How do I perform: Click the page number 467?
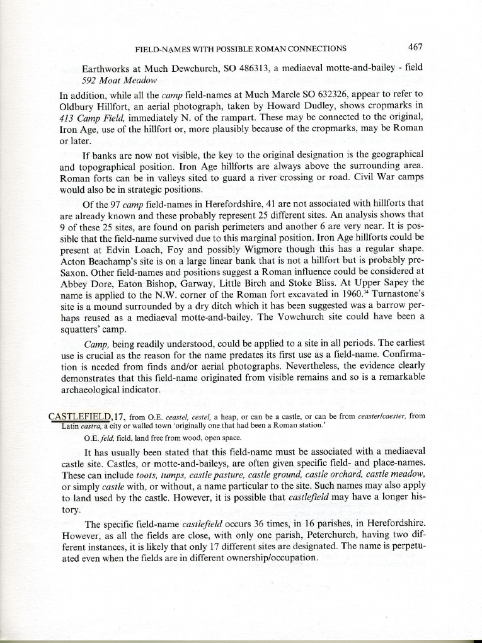coord(415,47)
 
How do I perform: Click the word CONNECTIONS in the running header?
coord(314,48)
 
